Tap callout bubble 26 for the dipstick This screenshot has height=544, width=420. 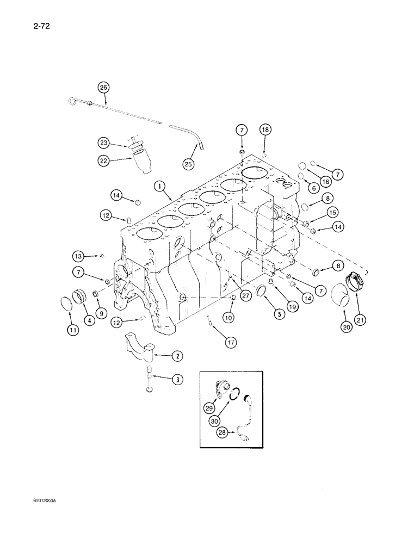[x=103, y=86]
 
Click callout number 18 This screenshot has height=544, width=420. [x=265, y=130]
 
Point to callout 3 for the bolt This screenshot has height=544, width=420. [x=177, y=380]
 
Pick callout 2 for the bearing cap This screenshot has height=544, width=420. [x=177, y=356]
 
